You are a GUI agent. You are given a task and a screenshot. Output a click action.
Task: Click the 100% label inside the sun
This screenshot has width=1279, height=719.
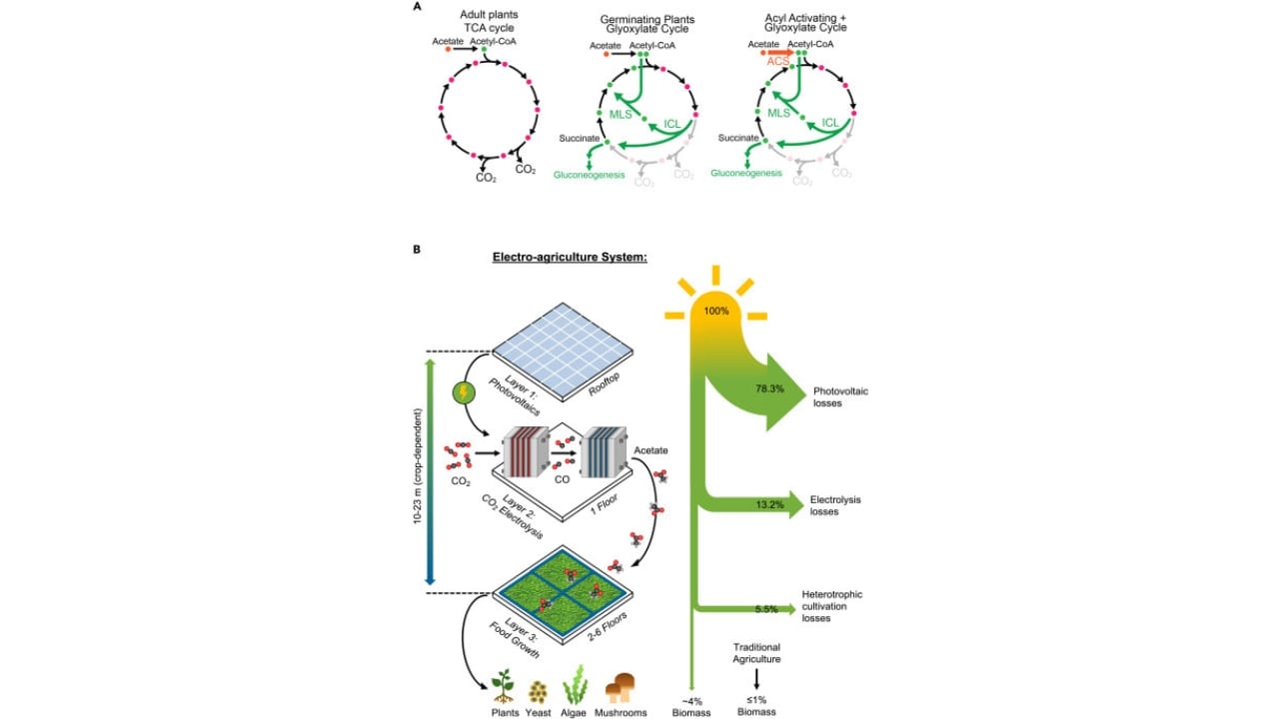[715, 312]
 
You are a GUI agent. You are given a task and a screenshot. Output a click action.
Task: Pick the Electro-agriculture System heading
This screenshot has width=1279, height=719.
[571, 257]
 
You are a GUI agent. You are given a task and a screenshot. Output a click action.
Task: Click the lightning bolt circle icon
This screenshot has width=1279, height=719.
[464, 393]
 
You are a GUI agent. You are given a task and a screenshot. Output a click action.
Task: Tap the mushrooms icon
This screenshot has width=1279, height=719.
[625, 688]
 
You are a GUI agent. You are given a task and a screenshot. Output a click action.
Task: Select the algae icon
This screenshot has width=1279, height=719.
[578, 688]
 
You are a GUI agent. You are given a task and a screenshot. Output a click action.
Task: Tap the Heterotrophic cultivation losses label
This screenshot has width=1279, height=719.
[831, 606]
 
